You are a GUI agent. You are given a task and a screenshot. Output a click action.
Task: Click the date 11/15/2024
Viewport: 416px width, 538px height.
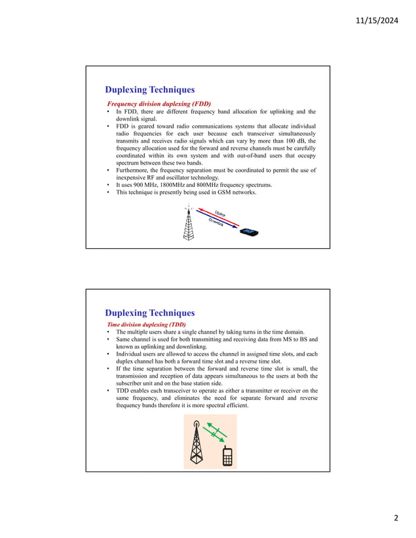[376, 20]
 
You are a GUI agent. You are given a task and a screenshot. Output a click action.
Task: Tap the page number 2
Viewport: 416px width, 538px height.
[394, 518]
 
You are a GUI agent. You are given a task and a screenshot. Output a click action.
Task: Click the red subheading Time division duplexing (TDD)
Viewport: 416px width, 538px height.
[146, 324]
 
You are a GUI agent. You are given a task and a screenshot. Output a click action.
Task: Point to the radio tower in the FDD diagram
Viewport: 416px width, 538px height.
[189, 223]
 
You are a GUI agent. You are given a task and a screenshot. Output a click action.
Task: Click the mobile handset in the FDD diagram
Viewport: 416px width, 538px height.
[248, 231]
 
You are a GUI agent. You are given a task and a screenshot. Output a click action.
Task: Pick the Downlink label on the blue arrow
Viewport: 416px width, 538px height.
[216, 222]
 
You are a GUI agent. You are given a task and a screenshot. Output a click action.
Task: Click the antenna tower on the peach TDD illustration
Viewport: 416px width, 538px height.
[196, 442]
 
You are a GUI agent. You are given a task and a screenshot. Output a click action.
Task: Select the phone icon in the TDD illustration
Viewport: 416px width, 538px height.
[227, 457]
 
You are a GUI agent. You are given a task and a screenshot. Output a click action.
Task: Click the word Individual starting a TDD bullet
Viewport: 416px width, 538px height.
[130, 354]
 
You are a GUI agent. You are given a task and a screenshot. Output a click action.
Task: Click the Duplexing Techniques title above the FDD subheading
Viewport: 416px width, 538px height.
[149, 90]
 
